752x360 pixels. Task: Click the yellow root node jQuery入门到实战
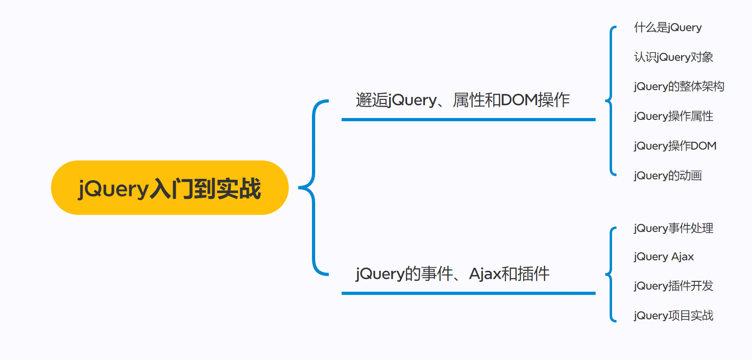click(x=170, y=188)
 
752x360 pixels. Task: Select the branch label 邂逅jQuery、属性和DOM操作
click(x=462, y=100)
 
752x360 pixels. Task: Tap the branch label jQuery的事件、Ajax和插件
click(x=452, y=274)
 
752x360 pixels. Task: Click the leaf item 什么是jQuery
click(x=667, y=27)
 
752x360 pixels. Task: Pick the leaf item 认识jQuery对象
click(x=673, y=57)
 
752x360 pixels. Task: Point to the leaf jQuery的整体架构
click(x=679, y=86)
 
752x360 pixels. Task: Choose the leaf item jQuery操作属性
click(x=673, y=116)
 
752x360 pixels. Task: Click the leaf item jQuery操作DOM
click(x=675, y=146)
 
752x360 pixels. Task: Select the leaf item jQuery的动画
click(x=668, y=176)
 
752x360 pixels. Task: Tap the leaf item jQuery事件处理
click(x=673, y=228)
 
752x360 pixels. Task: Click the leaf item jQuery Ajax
click(x=664, y=257)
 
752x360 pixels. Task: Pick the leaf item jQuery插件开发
click(x=673, y=286)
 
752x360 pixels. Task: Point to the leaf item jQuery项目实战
click(x=673, y=316)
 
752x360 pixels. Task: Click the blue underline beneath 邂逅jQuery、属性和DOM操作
click(x=468, y=120)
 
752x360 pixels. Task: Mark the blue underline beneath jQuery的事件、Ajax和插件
click(x=468, y=293)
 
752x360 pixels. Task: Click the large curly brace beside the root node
click(x=313, y=188)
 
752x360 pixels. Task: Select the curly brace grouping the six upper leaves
click(x=611, y=101)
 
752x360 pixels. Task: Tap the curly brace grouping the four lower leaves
click(x=611, y=274)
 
